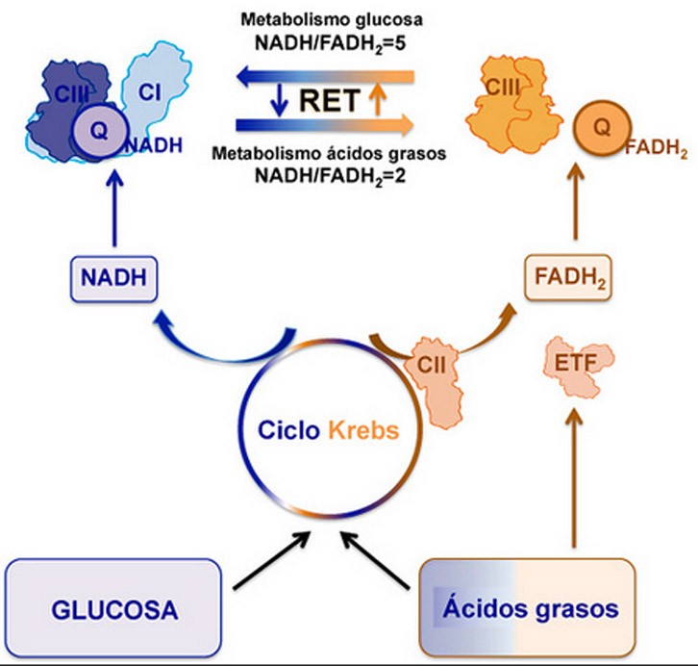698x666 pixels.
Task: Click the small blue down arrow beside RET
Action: click(x=277, y=98)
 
